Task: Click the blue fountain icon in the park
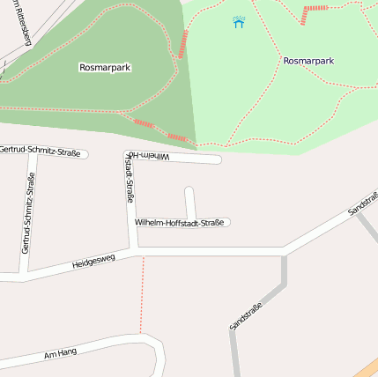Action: click(x=239, y=22)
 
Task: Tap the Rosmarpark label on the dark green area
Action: click(x=105, y=67)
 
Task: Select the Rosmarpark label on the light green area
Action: click(x=308, y=61)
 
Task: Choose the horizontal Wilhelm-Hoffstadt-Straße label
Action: click(x=179, y=223)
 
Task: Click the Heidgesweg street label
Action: click(x=93, y=262)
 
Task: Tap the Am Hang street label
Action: click(x=60, y=353)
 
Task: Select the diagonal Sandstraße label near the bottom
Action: click(x=246, y=314)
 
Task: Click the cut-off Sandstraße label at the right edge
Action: click(x=362, y=205)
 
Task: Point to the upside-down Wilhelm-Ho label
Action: click(x=148, y=156)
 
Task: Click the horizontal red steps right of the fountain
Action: click(x=315, y=9)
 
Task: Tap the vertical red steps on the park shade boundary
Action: click(x=183, y=44)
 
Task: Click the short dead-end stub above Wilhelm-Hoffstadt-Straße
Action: click(x=189, y=201)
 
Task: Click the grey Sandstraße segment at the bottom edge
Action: click(x=234, y=357)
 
